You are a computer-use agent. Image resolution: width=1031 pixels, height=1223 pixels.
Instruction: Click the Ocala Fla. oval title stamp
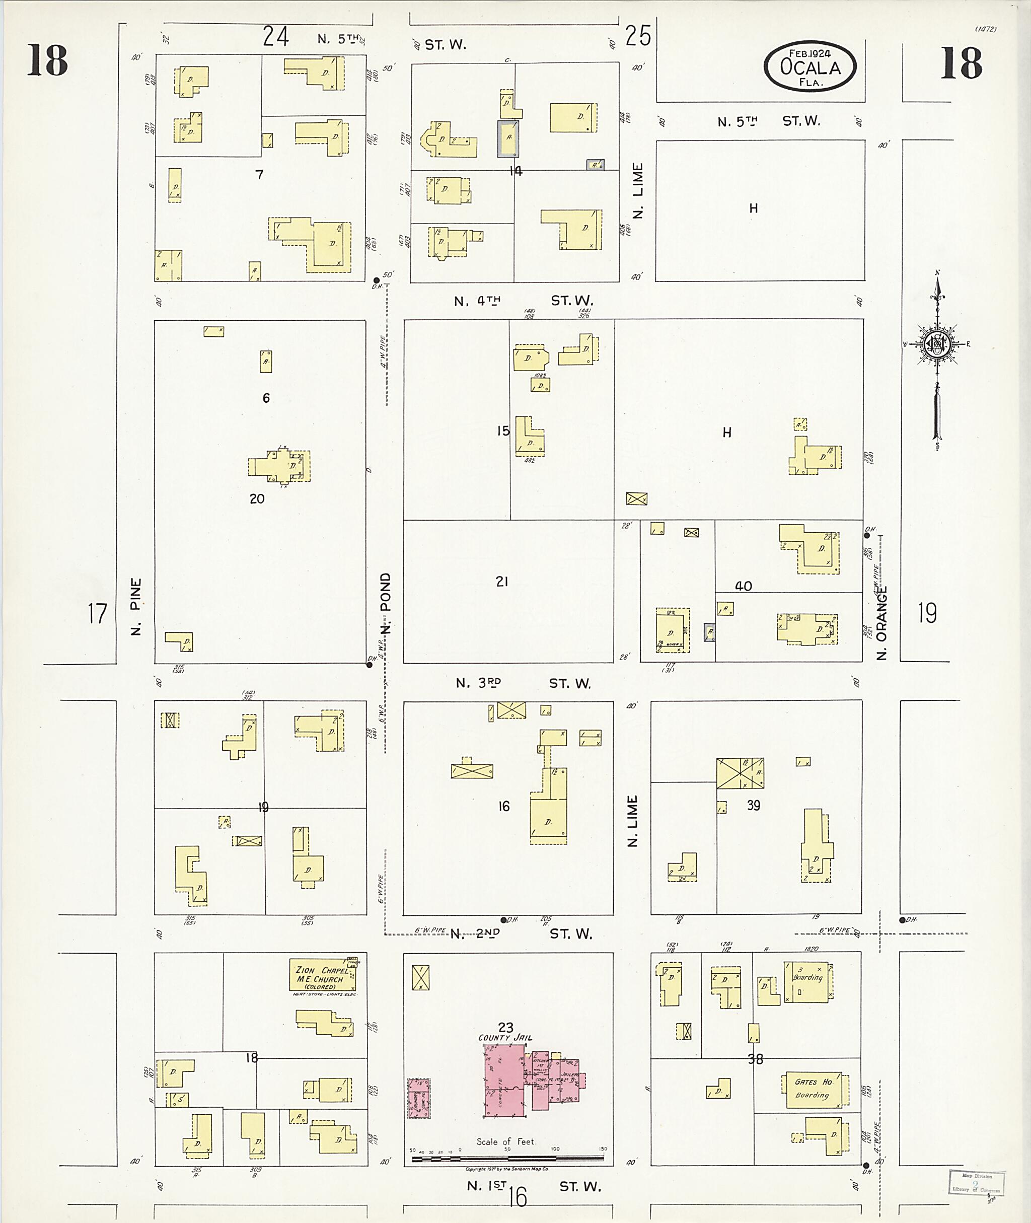(810, 66)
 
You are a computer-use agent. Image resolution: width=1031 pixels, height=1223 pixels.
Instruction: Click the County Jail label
(505, 1038)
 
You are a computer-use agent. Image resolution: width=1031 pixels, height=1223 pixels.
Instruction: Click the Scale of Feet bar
(507, 1158)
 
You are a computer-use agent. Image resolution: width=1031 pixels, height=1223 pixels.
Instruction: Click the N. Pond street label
(385, 603)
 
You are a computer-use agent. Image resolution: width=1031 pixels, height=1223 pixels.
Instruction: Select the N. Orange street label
(882, 623)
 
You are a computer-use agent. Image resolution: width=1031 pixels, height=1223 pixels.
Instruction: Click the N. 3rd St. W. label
(523, 683)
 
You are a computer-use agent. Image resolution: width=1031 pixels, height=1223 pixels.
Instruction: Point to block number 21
(501, 581)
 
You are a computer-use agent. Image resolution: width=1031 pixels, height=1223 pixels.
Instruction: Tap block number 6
(266, 398)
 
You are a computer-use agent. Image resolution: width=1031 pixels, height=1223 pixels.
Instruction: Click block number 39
(754, 805)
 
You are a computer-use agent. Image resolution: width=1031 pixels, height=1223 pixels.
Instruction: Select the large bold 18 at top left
(47, 61)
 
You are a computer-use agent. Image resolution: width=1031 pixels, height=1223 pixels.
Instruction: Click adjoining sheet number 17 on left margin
(98, 613)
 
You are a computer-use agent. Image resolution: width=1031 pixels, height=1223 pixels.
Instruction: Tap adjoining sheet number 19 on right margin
(927, 613)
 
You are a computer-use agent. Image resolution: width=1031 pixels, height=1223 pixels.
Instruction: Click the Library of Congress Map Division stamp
(975, 1183)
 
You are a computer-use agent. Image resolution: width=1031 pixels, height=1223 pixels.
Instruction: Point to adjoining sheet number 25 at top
(638, 36)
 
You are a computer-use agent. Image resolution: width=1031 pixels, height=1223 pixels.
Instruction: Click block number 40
(743, 586)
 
